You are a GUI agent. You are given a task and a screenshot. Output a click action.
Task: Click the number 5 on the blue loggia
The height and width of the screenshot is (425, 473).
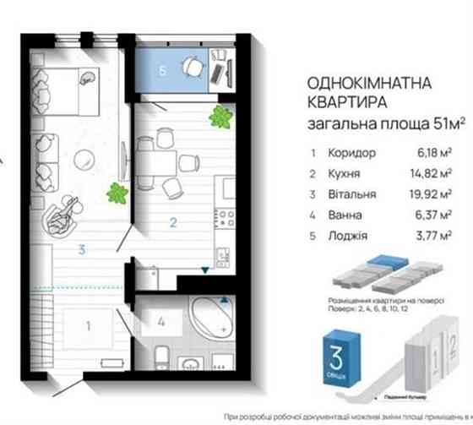tap(161, 72)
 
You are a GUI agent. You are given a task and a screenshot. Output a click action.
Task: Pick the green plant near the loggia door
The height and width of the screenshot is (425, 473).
tap(221, 116)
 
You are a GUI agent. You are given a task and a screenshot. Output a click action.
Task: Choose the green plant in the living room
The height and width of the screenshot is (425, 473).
tap(117, 193)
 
